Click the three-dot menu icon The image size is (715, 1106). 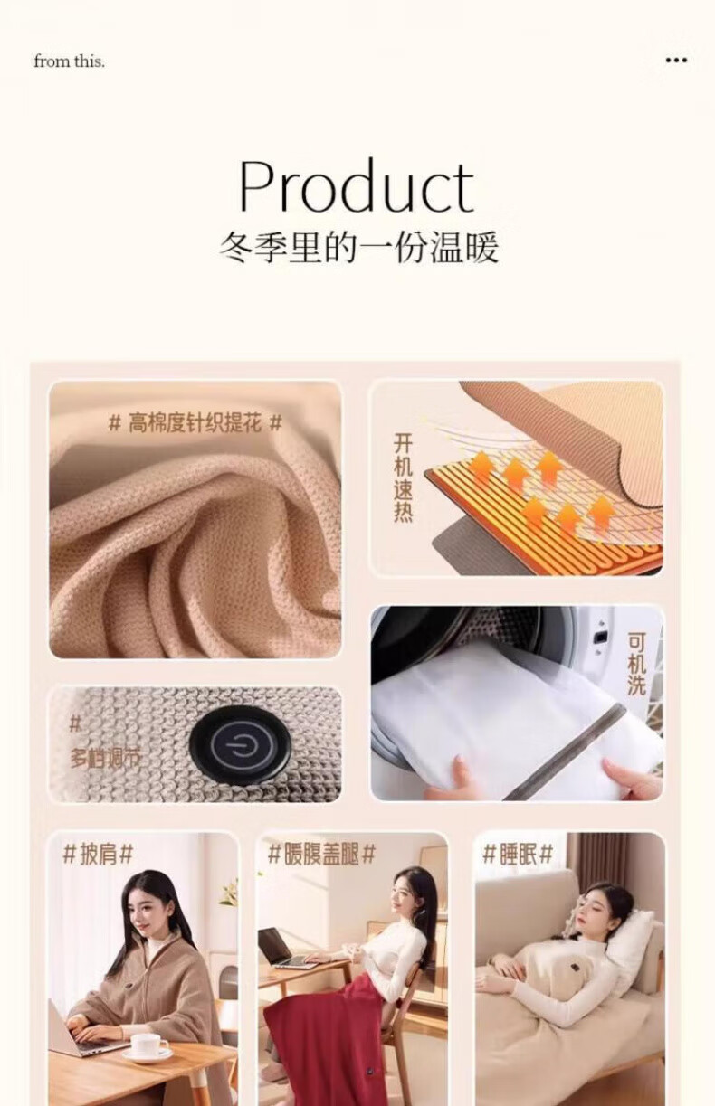click(676, 61)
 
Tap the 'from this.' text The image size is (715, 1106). click(70, 61)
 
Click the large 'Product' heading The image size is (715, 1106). click(357, 186)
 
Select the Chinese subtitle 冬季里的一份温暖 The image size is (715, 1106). click(358, 247)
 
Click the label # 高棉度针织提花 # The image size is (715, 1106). click(195, 423)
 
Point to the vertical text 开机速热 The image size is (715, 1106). click(403, 477)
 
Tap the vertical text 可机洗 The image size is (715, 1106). click(636, 664)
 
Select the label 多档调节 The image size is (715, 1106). click(105, 758)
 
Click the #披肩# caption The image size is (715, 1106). click(99, 854)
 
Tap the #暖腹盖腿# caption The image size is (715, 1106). click(321, 854)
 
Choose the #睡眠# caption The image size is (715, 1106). click(518, 854)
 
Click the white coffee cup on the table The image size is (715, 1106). click(148, 1046)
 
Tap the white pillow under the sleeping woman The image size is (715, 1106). click(630, 938)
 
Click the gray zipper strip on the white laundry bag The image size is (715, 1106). click(558, 751)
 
